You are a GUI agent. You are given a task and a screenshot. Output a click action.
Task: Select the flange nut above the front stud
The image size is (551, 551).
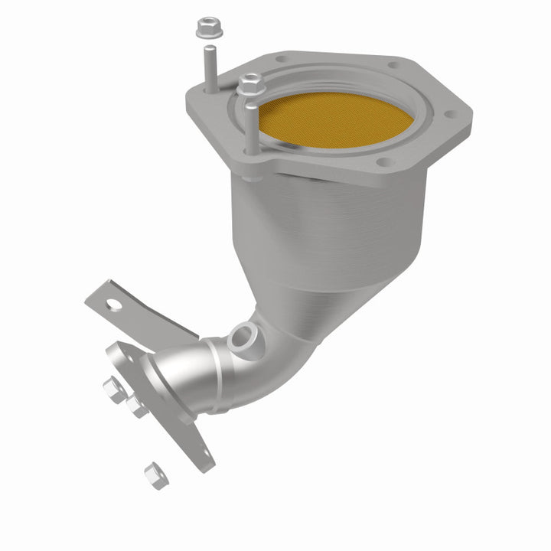pos(249,84)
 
